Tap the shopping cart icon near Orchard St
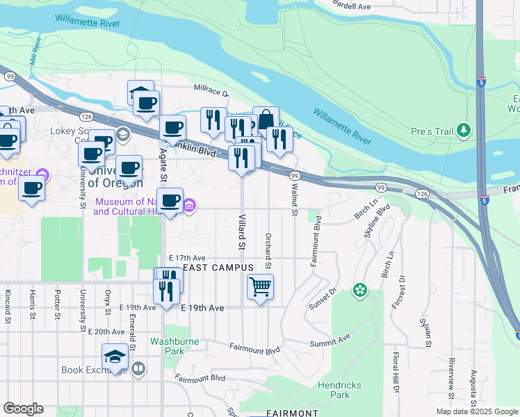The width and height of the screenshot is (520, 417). pyautogui.click(x=260, y=286)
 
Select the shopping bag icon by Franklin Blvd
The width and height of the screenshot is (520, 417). pyautogui.click(x=266, y=119)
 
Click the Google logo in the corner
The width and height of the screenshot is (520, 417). pyautogui.click(x=23, y=409)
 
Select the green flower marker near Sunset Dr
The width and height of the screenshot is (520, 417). pyautogui.click(x=360, y=289)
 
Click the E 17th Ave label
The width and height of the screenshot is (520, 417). pyautogui.click(x=187, y=257)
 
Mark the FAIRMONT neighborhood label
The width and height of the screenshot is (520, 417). pyautogui.click(x=292, y=413)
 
